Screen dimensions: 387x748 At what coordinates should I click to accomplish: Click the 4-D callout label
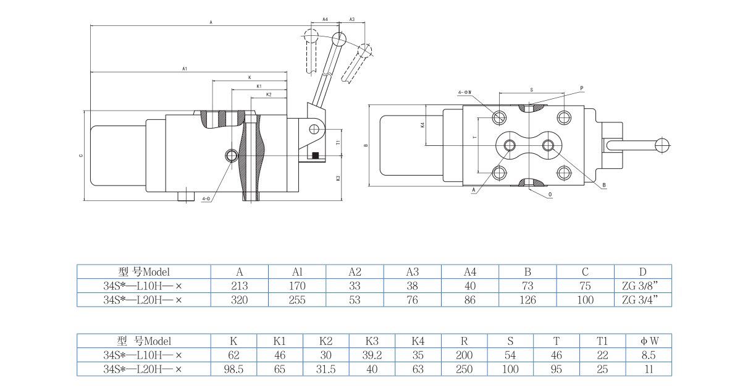click(206, 198)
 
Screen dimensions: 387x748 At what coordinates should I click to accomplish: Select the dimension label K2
click(269, 95)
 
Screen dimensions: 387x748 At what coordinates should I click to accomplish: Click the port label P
click(581, 88)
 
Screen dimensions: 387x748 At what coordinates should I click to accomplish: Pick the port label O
click(550, 193)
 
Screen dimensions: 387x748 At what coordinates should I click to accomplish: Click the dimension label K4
click(422, 125)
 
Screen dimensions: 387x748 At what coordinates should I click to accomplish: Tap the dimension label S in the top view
click(531, 90)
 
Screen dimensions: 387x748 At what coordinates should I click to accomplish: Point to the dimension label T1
click(338, 142)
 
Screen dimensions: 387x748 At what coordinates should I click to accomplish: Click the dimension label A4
click(325, 20)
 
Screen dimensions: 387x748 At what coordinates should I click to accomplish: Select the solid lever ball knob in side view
click(338, 39)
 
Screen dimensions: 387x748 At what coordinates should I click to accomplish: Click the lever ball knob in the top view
click(663, 145)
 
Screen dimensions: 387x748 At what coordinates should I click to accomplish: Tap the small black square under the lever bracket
click(315, 155)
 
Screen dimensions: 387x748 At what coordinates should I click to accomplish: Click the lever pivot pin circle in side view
click(314, 129)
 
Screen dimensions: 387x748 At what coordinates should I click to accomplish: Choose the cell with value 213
click(240, 286)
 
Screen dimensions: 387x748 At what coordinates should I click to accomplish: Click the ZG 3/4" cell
click(643, 300)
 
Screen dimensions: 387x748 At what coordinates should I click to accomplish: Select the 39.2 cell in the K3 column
click(372, 355)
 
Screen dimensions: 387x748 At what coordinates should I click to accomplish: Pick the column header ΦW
click(649, 341)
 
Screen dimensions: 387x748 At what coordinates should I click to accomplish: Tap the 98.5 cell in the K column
click(233, 369)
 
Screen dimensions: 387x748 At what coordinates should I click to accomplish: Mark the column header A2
click(355, 271)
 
